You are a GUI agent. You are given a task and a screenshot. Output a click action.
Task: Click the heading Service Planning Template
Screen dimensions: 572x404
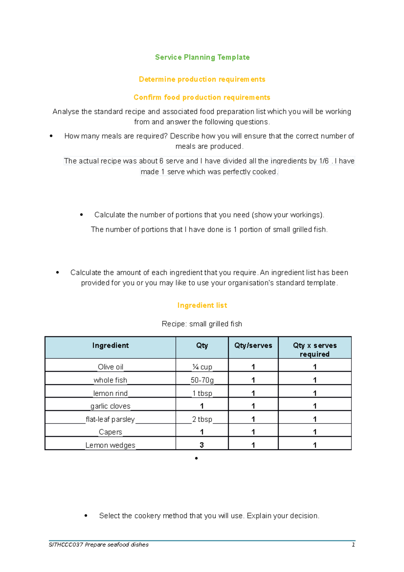(202, 57)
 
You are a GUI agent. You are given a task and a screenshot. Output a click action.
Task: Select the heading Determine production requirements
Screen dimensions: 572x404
(202, 79)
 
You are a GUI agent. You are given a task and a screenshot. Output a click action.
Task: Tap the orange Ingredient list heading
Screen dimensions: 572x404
(202, 305)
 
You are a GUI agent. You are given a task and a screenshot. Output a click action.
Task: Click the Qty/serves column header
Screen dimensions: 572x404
(253, 346)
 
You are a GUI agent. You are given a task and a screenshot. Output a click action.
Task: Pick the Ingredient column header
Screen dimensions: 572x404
(110, 346)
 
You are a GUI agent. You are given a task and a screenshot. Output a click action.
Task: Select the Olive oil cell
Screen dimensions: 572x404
(110, 367)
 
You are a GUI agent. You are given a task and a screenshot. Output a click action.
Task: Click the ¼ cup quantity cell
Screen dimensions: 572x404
(202, 367)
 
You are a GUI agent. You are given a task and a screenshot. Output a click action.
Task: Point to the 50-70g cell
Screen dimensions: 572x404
(202, 380)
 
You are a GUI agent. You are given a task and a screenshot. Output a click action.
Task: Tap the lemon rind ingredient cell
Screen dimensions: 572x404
(110, 393)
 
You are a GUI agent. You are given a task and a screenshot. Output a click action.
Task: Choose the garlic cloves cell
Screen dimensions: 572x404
(110, 406)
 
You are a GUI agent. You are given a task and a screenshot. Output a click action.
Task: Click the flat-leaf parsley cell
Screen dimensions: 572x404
(110, 419)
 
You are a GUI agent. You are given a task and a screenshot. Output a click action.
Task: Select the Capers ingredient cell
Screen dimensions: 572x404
(110, 432)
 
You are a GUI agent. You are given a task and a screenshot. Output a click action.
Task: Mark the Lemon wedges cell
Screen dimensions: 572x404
(110, 445)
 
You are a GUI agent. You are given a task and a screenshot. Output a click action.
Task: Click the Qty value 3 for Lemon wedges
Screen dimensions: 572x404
(202, 445)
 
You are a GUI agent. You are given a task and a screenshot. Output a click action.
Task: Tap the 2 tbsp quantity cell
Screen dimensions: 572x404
(202, 419)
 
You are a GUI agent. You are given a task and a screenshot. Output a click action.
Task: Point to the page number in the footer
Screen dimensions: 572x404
(353, 545)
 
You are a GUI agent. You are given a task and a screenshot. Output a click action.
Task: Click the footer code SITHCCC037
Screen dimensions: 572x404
(66, 545)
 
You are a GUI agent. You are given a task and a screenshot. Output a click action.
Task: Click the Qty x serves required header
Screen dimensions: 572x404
(314, 350)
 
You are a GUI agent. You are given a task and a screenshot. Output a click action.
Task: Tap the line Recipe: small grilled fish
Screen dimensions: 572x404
(202, 324)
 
